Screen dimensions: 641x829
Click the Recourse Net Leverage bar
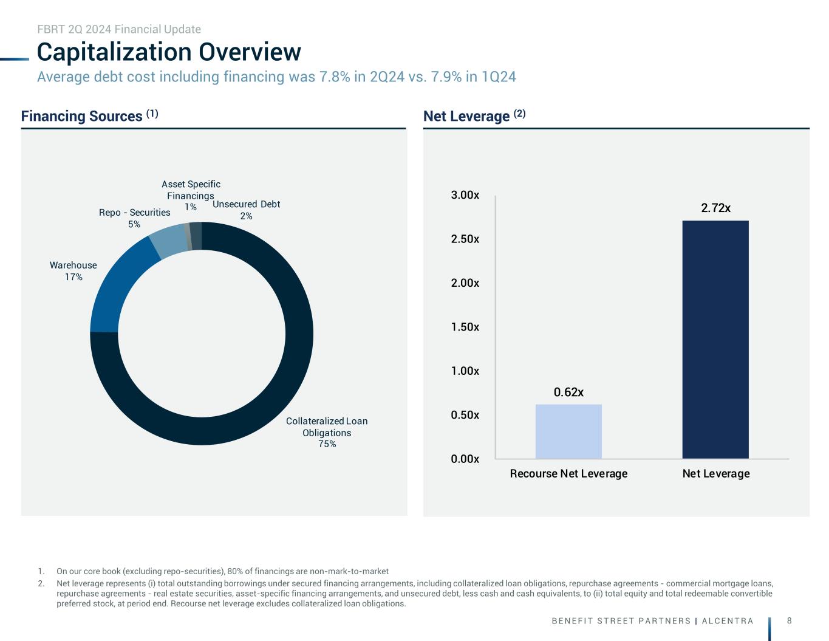coord(568,431)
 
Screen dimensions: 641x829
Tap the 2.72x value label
coord(715,208)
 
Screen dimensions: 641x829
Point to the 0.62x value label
coord(568,392)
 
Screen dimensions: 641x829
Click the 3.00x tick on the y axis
coord(465,195)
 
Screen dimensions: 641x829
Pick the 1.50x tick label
coord(465,327)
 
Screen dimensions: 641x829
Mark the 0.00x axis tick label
coord(465,459)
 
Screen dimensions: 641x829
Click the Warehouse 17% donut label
coord(73,271)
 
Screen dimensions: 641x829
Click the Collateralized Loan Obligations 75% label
coord(327,432)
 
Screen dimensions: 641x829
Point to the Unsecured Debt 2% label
coord(246,210)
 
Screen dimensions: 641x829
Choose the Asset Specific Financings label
coord(191,190)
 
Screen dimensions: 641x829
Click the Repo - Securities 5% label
coord(134,218)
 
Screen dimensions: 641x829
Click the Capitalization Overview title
coord(169,52)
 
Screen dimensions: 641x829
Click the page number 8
coord(789,620)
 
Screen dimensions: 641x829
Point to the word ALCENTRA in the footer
coord(728,621)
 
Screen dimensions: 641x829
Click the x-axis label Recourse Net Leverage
coord(568,473)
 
